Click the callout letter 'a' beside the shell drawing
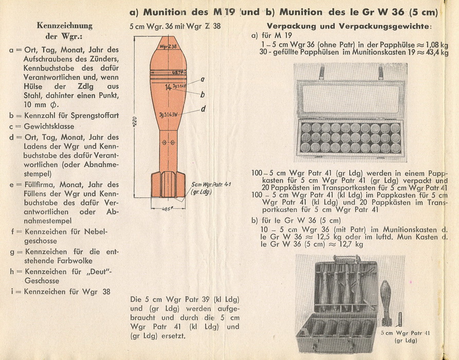click(203, 79)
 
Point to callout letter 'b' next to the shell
click(203, 95)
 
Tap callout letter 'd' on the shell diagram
click(204, 109)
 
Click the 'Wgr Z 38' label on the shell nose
click(168, 46)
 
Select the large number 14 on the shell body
click(168, 87)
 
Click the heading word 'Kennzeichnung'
click(65, 26)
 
